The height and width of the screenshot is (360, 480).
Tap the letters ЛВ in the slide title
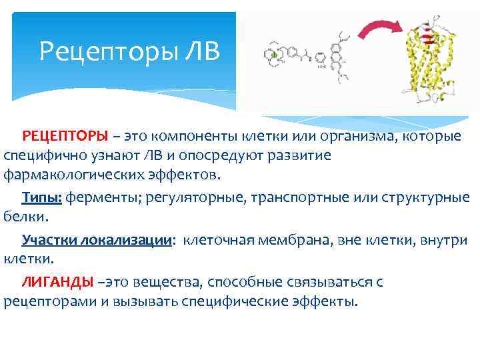(198, 51)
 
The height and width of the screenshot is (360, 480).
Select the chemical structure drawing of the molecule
(313, 60)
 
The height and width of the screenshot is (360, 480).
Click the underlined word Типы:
(42, 198)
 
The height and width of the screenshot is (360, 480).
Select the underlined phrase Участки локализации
(97, 240)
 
